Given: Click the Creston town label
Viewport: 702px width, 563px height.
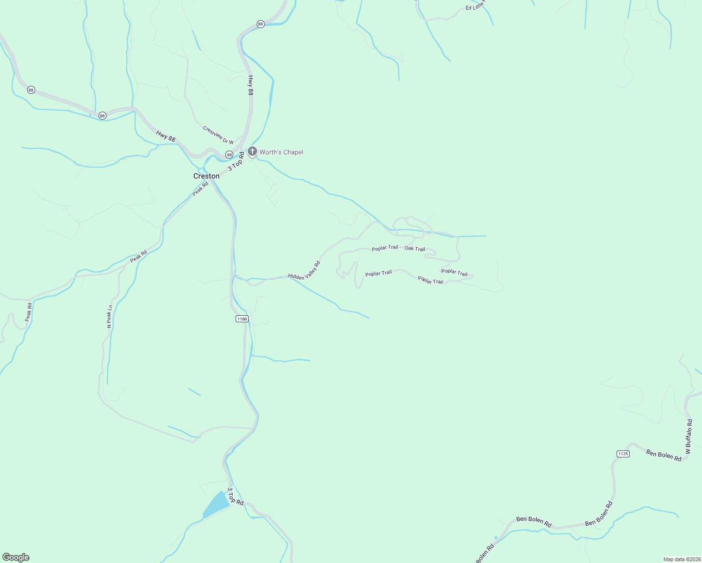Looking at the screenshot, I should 206,176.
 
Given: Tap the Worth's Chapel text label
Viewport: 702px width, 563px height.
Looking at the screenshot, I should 281,152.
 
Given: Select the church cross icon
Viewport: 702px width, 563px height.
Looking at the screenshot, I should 252,151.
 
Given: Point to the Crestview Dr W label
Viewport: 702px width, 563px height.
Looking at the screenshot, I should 218,135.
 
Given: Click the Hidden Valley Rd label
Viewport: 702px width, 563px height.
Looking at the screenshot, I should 304,271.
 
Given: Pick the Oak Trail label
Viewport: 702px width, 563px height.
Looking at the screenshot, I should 415,249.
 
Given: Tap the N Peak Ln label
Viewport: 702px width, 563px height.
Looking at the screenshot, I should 109,316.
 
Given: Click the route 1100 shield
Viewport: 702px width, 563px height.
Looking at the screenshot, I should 242,319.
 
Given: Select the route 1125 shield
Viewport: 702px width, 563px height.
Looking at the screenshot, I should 623,454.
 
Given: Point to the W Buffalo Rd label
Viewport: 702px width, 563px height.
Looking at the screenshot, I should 689,436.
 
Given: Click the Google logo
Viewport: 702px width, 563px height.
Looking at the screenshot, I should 16,557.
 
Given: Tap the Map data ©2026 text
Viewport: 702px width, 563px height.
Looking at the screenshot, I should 681,559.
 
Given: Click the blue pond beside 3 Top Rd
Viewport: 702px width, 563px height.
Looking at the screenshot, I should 216,505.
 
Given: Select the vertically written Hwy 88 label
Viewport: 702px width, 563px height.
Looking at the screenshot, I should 251,85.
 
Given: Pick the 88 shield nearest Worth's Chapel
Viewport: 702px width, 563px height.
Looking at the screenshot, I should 229,154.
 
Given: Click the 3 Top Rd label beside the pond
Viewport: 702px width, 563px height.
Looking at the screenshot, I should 236,496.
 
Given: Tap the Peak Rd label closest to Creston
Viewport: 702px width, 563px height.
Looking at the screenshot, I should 200,189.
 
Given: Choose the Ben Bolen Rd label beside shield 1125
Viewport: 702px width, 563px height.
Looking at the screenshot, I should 664,455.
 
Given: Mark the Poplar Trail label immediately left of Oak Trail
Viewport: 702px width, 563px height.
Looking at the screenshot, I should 385,248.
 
